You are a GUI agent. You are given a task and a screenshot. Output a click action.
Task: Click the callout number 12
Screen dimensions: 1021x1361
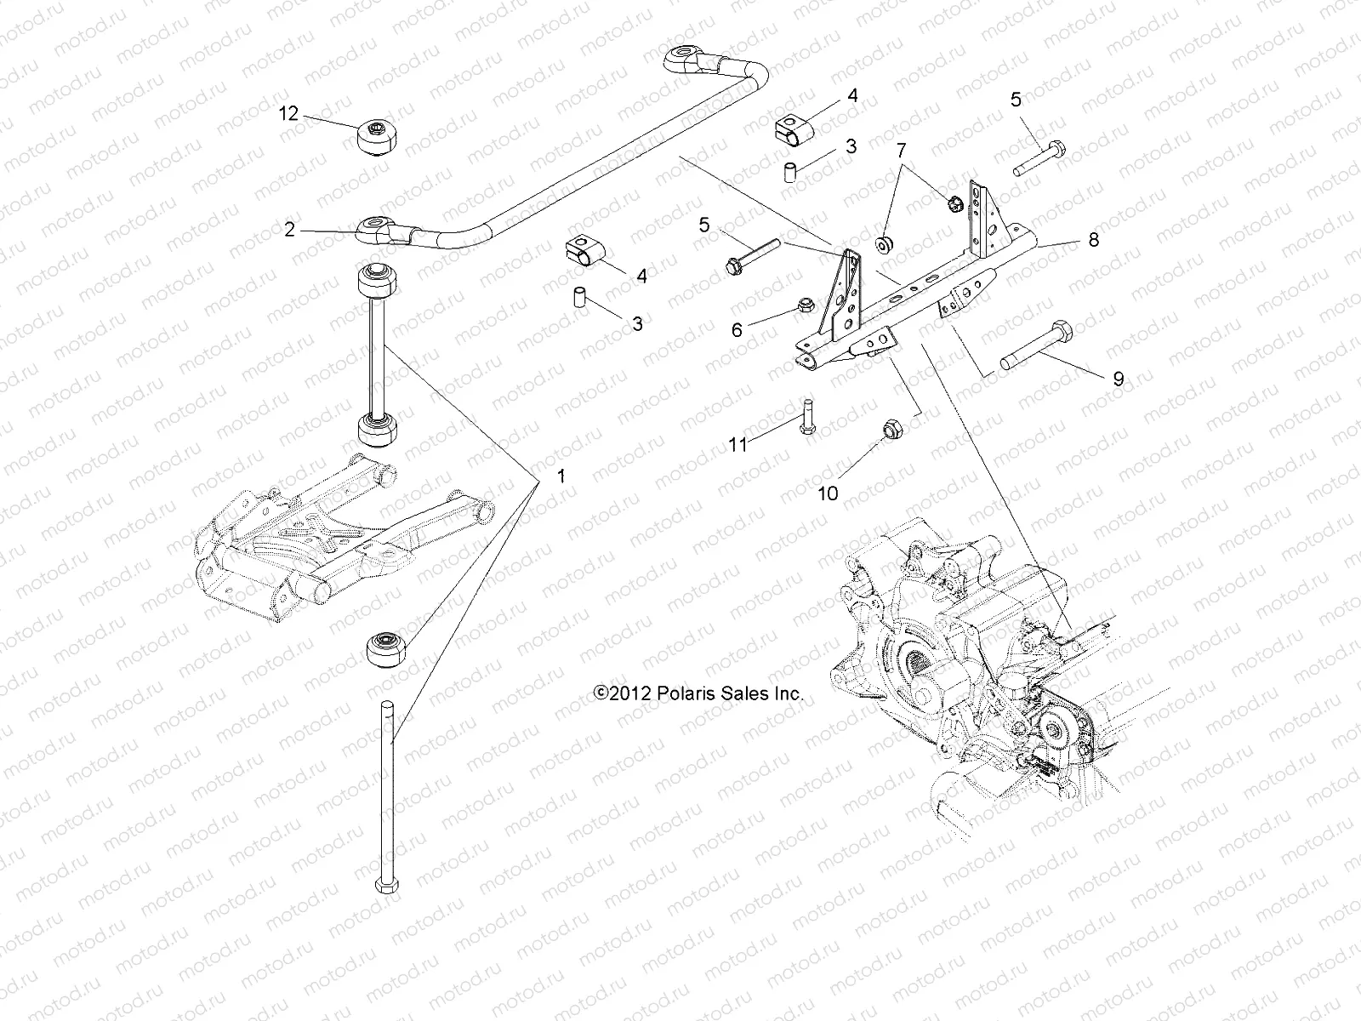click(290, 114)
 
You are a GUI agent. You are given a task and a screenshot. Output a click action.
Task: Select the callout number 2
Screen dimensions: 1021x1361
click(290, 230)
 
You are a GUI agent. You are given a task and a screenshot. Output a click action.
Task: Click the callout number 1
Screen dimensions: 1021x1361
click(560, 476)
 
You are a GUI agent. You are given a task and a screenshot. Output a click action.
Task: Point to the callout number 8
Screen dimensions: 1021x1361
click(1094, 240)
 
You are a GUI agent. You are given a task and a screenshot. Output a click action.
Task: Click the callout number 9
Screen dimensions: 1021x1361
click(1119, 379)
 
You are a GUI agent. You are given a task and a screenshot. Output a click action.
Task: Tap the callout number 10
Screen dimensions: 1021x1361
click(828, 493)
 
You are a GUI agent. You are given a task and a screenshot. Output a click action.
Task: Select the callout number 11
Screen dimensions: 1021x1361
click(737, 443)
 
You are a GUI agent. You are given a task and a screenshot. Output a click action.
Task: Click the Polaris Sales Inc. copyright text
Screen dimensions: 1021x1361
click(698, 694)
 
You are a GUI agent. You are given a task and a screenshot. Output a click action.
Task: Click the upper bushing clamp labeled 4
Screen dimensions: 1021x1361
click(794, 129)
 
